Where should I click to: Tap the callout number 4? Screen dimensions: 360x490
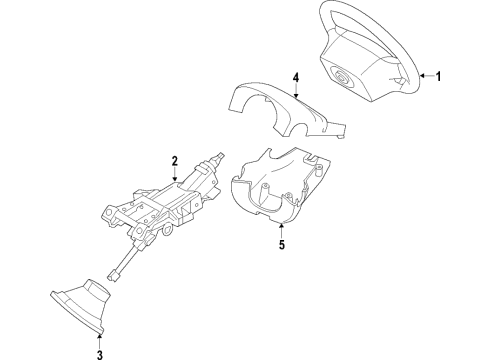point(296,76)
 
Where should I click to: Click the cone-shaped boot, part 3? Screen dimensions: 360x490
point(85,304)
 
